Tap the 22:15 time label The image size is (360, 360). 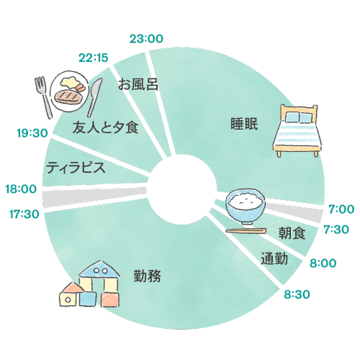(94, 58)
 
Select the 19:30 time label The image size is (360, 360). (31, 132)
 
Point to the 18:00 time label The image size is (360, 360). (20, 189)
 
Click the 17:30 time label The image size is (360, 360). (24, 214)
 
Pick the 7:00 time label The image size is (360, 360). (341, 210)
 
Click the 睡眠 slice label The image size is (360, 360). (238, 122)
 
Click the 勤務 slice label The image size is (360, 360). (147, 275)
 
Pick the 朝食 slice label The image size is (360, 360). (292, 233)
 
